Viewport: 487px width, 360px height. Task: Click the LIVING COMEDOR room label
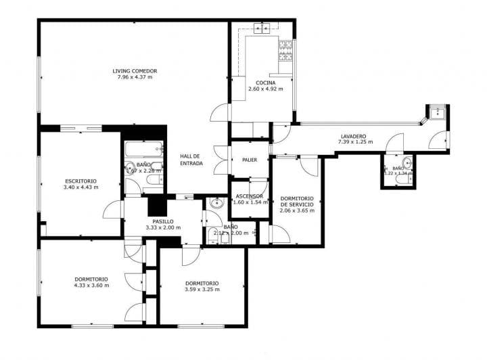point(135,71)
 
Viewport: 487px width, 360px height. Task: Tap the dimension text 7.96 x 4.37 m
point(135,78)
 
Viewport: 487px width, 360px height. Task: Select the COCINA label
point(265,83)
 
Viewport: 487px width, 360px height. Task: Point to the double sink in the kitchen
point(262,28)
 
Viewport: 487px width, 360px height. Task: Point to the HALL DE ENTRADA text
point(191,160)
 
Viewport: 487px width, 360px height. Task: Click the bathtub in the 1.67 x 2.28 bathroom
point(143,147)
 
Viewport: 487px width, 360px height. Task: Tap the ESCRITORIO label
point(80,181)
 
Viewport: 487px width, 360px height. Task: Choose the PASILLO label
point(162,221)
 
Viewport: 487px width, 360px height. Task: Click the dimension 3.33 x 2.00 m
point(162,228)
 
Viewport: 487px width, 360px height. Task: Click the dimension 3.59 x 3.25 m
point(202,290)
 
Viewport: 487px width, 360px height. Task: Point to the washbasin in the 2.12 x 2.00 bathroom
point(216,202)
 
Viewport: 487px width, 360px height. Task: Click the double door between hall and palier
point(220,160)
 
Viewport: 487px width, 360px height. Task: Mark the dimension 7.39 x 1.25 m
point(356,143)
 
